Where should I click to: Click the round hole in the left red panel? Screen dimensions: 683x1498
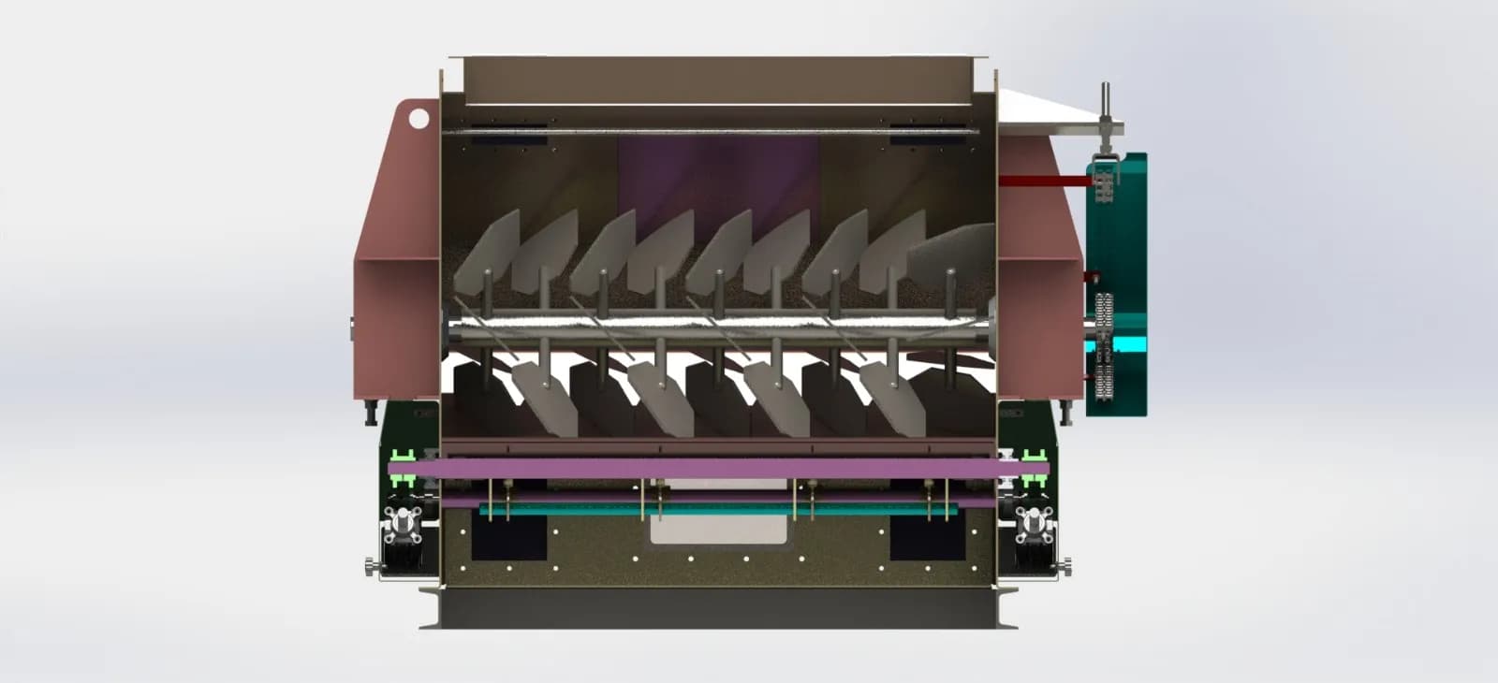pyautogui.click(x=418, y=118)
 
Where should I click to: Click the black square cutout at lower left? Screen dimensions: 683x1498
pyautogui.click(x=508, y=538)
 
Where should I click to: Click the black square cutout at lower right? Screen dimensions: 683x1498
pyautogui.click(x=927, y=538)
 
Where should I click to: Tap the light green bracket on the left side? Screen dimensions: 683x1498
pyautogui.click(x=404, y=458)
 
